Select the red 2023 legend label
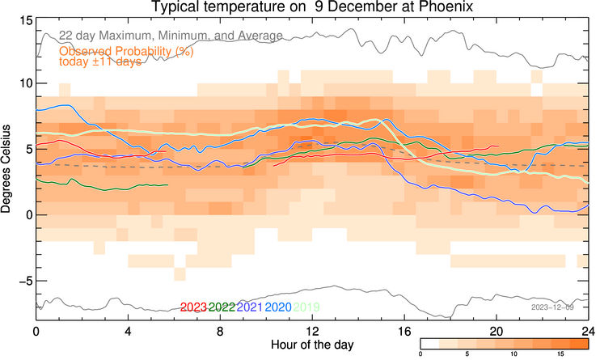tap(194, 307)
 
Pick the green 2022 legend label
tap(222, 307)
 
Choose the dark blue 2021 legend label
tap(250, 307)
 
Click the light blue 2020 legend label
tap(277, 307)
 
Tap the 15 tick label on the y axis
tap(23, 19)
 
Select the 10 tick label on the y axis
tap(23, 84)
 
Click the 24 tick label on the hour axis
tap(589, 331)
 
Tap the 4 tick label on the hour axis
tap(128, 331)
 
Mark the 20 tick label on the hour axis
tap(496, 331)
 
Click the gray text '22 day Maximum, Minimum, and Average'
tap(170, 36)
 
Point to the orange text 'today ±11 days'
tap(100, 62)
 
